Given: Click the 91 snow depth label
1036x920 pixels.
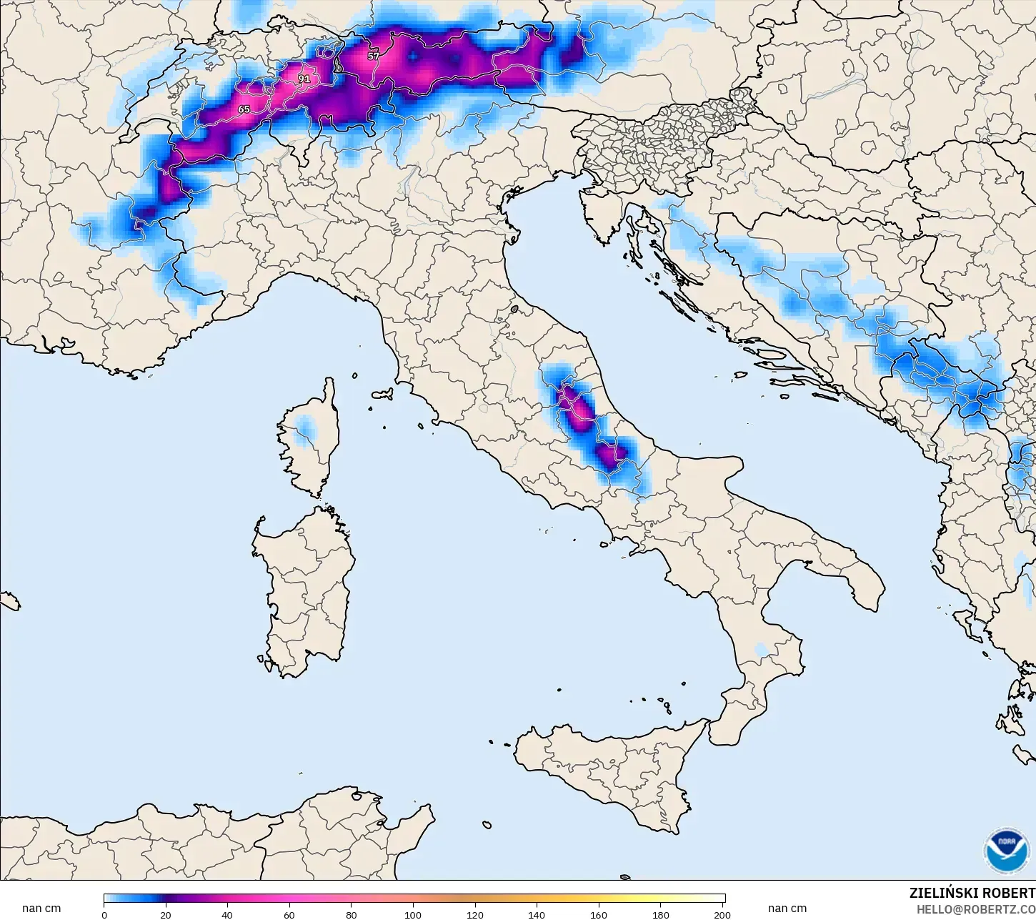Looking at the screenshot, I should click(x=304, y=79).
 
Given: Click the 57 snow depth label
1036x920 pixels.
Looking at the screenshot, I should click(x=374, y=56).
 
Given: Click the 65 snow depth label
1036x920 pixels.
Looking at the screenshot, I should click(x=244, y=109).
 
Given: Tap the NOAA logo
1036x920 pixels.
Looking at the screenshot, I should click(x=1007, y=851).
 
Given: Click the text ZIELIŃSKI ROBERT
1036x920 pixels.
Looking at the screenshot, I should click(x=972, y=894).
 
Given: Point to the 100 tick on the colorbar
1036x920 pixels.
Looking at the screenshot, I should click(x=413, y=915).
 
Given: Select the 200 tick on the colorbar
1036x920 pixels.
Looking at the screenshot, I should click(x=722, y=915).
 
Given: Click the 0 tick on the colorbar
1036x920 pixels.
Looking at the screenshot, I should click(x=104, y=915).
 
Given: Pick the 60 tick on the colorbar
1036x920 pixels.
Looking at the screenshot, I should click(x=289, y=915).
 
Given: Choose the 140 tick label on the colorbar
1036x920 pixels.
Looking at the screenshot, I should click(x=537, y=915).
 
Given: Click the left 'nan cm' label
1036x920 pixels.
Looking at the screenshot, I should click(x=41, y=909).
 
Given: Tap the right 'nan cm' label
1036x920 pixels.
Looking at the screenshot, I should click(x=787, y=909).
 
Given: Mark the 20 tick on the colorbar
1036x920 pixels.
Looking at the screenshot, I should click(x=166, y=915).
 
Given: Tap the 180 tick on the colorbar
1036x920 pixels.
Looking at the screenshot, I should click(x=661, y=915).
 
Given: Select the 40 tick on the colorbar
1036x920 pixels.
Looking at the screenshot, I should click(x=227, y=915).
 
